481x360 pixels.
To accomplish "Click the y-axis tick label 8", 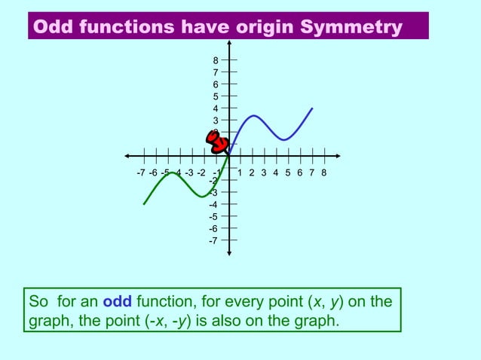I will pyautogui.click(x=216, y=61).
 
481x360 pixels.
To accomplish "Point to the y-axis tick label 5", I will pyautogui.click(x=216, y=96).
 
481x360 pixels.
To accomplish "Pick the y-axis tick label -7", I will pyautogui.click(x=214, y=240).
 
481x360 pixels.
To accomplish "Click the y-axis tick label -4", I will pyautogui.click(x=214, y=204).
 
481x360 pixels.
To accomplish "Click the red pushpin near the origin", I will pyautogui.click(x=218, y=141).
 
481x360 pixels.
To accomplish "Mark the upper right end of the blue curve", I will pyautogui.click(x=312, y=108).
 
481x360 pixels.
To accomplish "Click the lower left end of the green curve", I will pyautogui.click(x=144, y=204).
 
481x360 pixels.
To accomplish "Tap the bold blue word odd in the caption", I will pyautogui.click(x=117, y=302).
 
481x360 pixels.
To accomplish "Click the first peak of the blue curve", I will pyautogui.click(x=253, y=115).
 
